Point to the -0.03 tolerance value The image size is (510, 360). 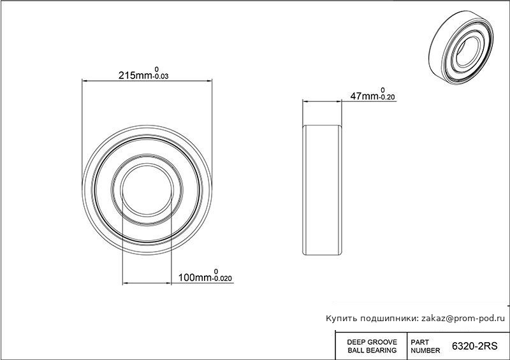coord(161,76)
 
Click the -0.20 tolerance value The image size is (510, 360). coord(387,97)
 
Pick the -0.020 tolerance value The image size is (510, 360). coord(222,278)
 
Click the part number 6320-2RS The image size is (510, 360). coord(474,346)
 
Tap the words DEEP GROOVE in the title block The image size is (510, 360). coord(372,342)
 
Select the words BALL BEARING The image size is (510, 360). coord(372,350)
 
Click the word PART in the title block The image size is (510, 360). coord(419,342)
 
